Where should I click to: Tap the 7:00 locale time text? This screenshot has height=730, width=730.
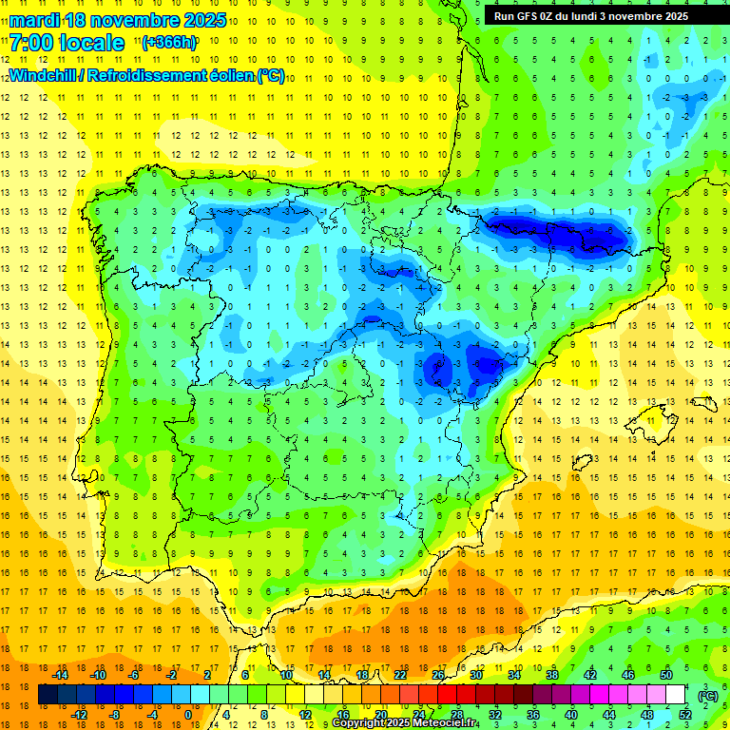click(67, 43)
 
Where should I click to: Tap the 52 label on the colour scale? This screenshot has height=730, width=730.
click(685, 715)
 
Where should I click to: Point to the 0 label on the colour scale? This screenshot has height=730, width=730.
click(187, 715)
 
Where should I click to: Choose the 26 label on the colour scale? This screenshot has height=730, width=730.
click(438, 675)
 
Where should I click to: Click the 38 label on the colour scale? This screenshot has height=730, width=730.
click(551, 675)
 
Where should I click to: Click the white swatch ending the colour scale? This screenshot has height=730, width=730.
click(675, 695)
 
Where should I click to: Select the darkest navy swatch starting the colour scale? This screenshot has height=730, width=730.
click(48, 695)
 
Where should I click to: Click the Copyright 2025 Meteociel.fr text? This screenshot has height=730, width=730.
click(404, 723)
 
